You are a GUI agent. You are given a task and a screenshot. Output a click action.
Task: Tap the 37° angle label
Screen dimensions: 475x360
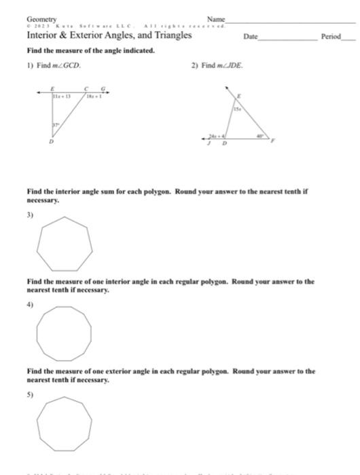[56, 126]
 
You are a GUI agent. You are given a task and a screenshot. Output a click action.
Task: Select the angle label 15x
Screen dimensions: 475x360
[237, 108]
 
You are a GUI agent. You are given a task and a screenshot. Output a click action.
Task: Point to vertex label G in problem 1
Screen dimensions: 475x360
[103, 88]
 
